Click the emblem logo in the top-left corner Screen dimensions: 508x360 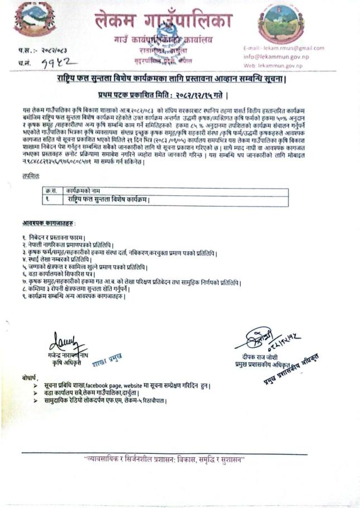tap(35, 20)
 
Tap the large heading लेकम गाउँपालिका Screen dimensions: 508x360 tap(162, 22)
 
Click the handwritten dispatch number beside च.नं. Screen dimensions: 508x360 tap(56, 64)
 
